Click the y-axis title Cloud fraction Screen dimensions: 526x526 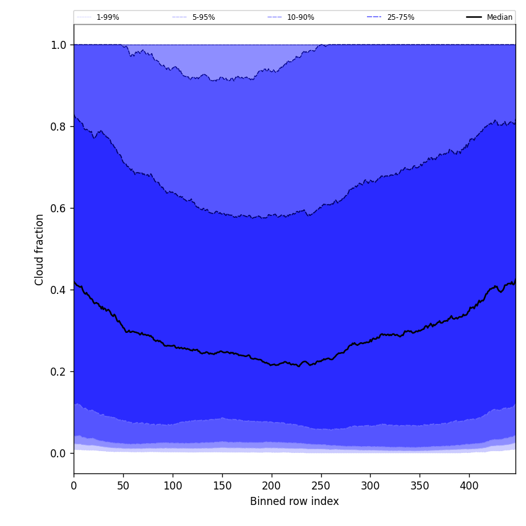tap(40, 249)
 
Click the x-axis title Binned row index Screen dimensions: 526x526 tap(295, 501)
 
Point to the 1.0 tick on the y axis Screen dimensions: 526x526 tap(58, 45)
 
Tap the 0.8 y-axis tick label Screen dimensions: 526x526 tap(58, 127)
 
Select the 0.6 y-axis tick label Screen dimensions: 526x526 tap(58, 209)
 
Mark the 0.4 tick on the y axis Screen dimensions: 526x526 tap(58, 290)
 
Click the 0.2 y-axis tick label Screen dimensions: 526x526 tap(58, 372)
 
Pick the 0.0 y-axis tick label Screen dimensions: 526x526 tap(58, 454)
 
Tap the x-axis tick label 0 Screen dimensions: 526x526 tap(74, 486)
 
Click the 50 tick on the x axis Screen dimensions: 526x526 tap(123, 486)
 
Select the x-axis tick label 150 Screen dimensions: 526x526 tap(222, 486)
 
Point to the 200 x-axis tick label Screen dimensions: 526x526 tap(272, 486)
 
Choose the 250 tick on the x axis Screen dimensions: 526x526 tap(321, 486)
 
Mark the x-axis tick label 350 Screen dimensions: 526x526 tap(420, 486)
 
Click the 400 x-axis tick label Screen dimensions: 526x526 tap(469, 486)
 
